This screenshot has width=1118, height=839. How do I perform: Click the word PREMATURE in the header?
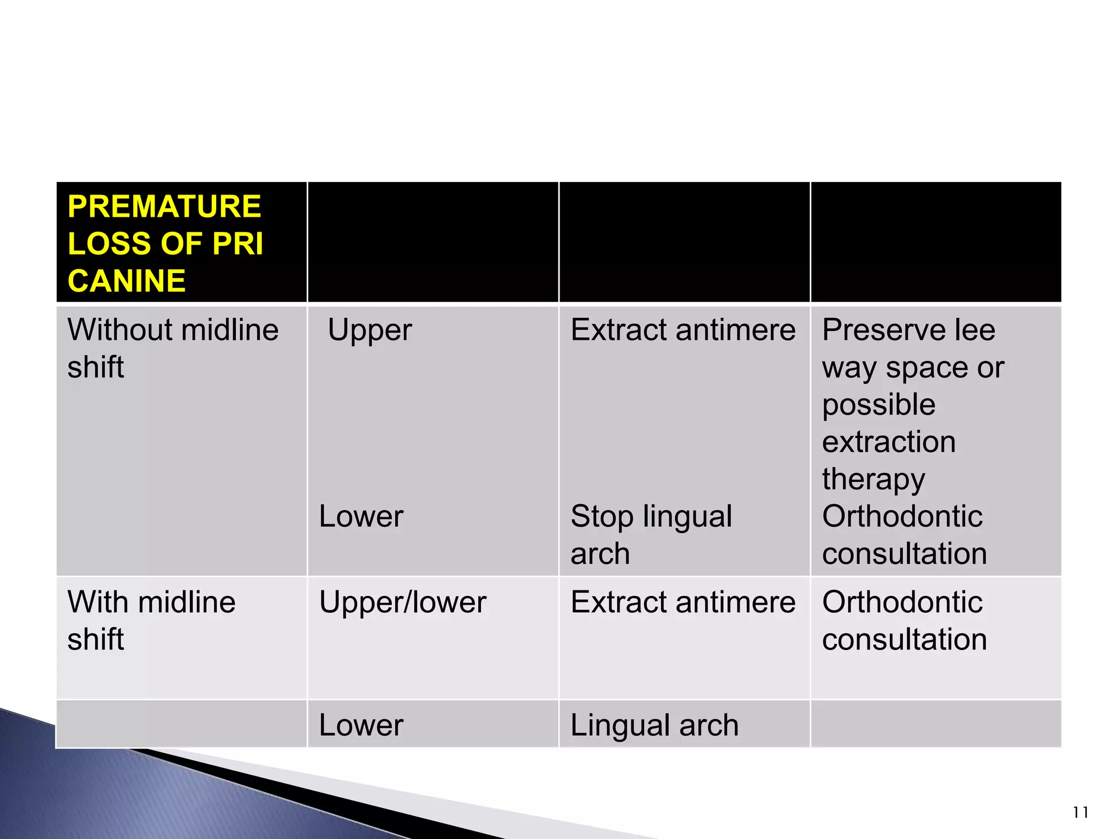pos(164,207)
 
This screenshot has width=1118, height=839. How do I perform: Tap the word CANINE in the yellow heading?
pos(127,281)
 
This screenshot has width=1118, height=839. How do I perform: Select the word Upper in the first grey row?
pos(370,330)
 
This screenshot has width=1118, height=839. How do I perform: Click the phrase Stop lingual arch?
pos(651,535)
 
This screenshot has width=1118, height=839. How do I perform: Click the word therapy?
pos(873,480)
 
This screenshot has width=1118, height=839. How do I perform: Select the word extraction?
pos(889,442)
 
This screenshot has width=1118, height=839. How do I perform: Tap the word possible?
pos(879,405)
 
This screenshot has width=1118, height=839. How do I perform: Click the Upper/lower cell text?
pos(402,602)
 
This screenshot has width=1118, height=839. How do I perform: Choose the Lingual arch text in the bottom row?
pos(654,725)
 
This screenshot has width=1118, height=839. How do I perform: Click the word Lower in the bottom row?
pos(361,725)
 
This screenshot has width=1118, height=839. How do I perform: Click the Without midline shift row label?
pos(173,348)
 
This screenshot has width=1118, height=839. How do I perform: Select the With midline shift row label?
pos(151,621)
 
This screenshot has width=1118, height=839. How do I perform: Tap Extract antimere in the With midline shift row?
pos(683,602)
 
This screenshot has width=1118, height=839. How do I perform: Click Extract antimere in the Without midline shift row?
pos(683,330)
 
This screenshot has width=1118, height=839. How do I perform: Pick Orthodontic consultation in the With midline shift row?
pos(904,621)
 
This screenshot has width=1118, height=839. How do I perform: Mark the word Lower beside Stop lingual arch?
pos(361,517)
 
